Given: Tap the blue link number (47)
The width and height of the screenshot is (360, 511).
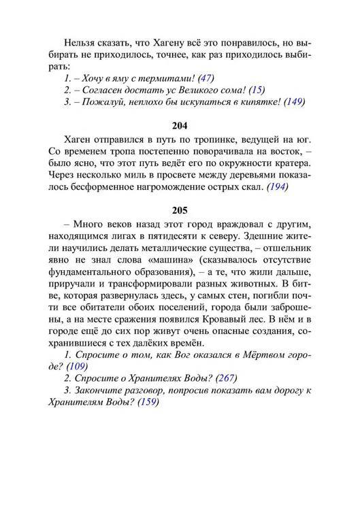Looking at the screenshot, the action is [x=204, y=78].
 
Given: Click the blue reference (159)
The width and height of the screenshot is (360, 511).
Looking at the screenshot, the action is [x=148, y=403].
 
